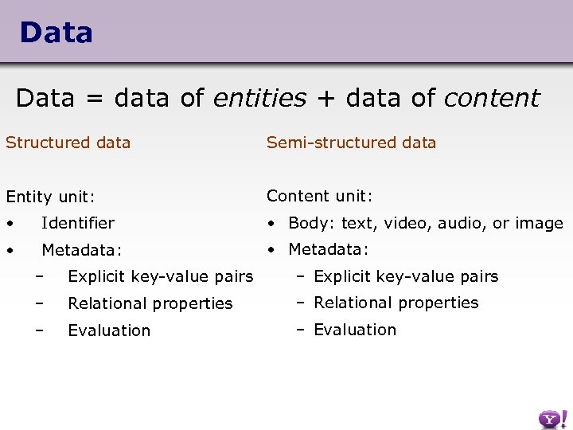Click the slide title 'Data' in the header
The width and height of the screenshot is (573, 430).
pyautogui.click(x=56, y=33)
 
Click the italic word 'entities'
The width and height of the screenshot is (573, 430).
pyautogui.click(x=259, y=98)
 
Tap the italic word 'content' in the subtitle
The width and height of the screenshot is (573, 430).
pyautogui.click(x=491, y=98)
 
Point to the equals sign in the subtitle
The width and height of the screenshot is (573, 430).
pyautogui.click(x=95, y=99)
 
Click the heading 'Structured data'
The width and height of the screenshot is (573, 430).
pyautogui.click(x=68, y=143)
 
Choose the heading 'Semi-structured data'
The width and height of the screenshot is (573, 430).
pyautogui.click(x=351, y=143)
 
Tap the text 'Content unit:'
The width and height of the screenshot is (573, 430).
pyautogui.click(x=320, y=196)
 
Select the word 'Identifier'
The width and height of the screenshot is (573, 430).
pyautogui.click(x=78, y=223)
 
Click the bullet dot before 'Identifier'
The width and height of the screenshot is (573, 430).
pyautogui.click(x=10, y=224)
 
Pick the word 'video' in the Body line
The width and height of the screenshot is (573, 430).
pyautogui.click(x=407, y=223)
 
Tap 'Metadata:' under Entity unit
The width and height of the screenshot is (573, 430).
pyautogui.click(x=82, y=250)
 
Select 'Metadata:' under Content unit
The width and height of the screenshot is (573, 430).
pyautogui.click(x=329, y=249)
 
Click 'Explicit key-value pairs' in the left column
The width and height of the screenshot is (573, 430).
pyautogui.click(x=161, y=277)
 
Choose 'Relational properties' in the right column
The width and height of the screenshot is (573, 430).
pyautogui.click(x=396, y=303)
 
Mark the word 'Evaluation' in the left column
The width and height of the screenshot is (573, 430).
pyautogui.click(x=109, y=330)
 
